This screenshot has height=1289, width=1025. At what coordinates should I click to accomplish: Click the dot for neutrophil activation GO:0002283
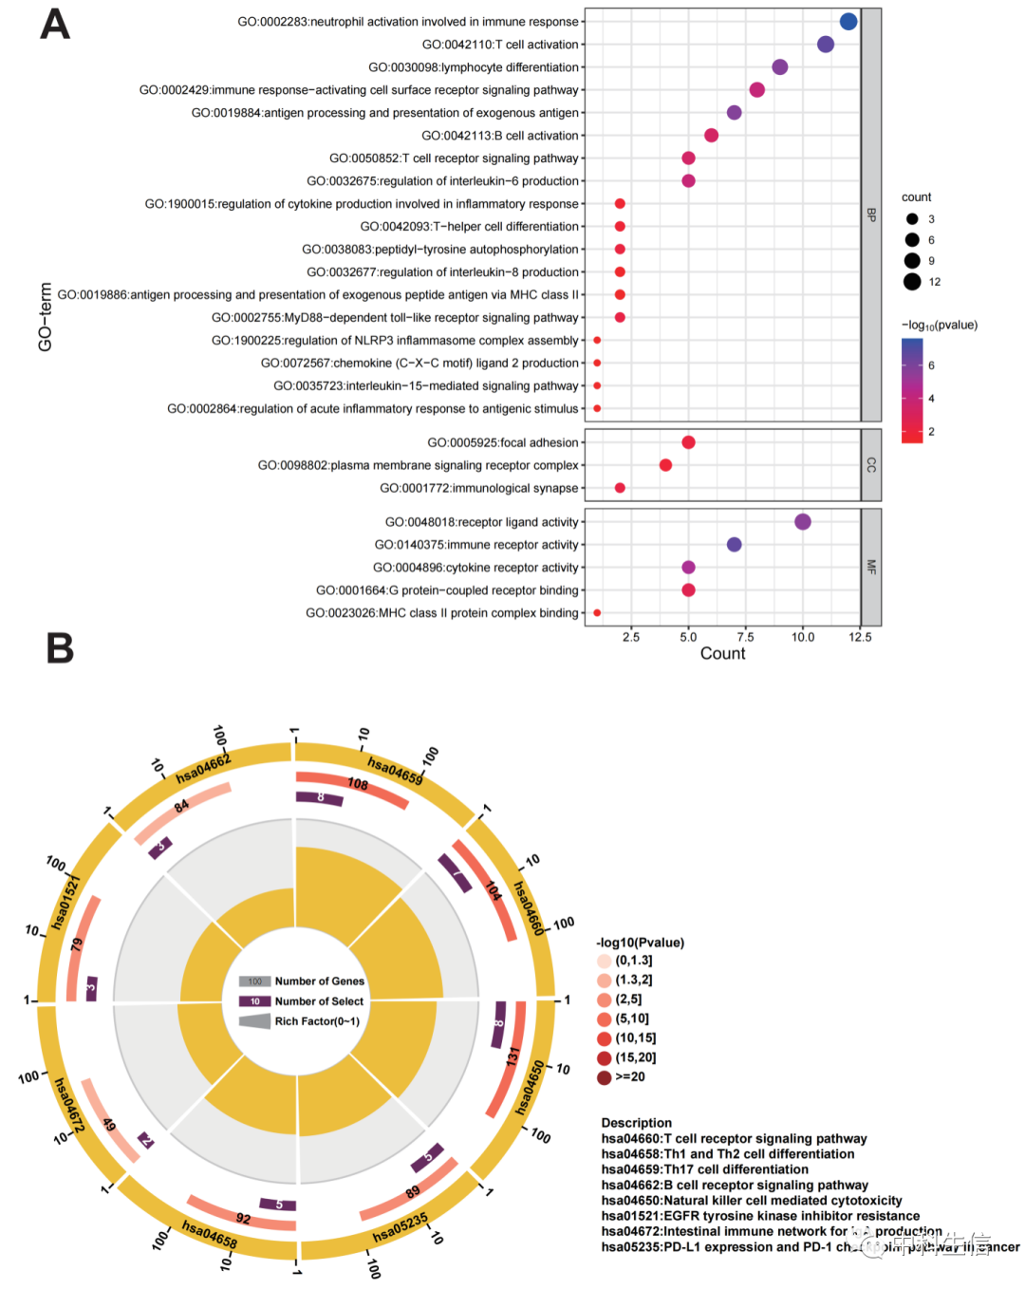[x=848, y=22]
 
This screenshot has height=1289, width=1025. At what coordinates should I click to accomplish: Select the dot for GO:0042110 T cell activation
[x=826, y=45]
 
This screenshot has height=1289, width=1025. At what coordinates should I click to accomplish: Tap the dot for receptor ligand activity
[x=803, y=522]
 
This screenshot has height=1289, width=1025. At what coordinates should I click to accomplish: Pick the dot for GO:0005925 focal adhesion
[x=689, y=442]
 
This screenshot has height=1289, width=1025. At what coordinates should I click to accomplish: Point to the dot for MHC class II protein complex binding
[x=597, y=613]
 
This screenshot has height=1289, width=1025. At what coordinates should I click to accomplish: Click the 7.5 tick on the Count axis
[x=746, y=637]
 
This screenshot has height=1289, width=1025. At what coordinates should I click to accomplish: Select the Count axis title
[x=722, y=654]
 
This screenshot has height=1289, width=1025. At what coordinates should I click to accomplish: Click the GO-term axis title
[x=46, y=317]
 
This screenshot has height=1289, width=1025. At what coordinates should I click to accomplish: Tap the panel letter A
[x=55, y=26]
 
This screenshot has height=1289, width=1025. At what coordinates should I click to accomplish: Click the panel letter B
[x=60, y=648]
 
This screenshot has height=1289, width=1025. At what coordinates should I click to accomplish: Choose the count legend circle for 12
[x=912, y=281]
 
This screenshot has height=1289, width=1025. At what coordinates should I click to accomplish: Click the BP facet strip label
[x=871, y=215]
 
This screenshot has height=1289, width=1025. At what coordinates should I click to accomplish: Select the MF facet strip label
[x=871, y=568]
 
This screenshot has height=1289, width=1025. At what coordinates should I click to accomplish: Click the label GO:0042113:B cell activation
[x=499, y=136]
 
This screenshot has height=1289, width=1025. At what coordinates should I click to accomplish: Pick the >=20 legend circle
[x=605, y=1077]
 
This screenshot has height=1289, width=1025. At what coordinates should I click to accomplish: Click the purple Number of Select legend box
[x=254, y=1001]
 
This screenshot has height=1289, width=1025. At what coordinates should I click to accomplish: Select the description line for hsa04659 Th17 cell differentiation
[x=704, y=1169]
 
